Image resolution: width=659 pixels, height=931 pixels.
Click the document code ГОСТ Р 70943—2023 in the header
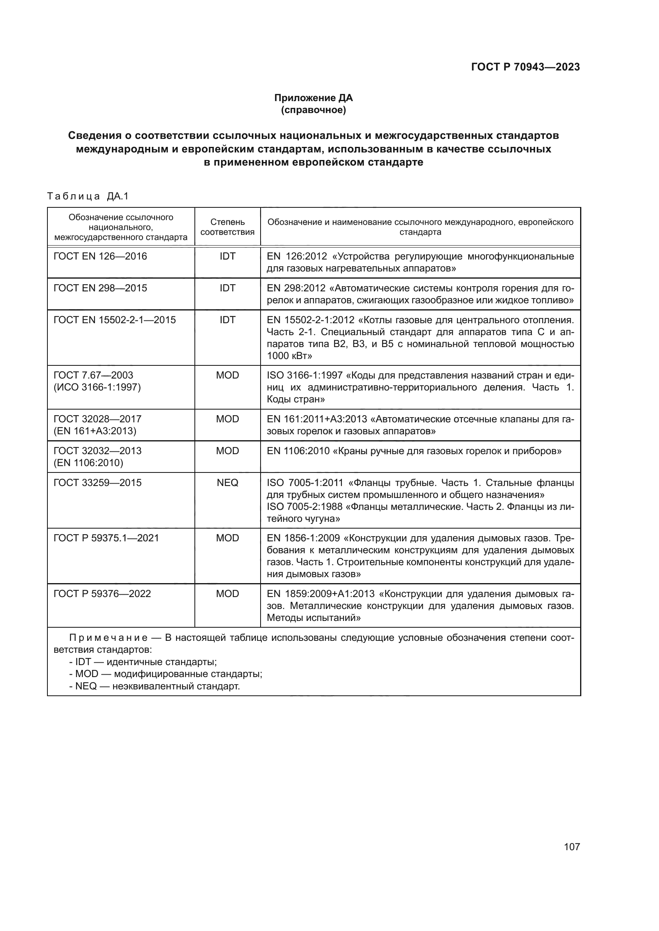click(525, 67)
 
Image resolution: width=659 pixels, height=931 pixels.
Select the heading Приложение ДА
click(313, 98)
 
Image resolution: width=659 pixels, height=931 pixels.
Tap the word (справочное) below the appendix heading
click(313, 110)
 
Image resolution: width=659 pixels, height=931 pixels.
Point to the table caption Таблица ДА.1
click(88, 197)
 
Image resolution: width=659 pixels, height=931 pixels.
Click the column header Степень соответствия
click(227, 227)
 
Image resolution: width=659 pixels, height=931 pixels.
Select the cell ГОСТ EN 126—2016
click(100, 256)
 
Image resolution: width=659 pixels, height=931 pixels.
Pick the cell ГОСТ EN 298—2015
click(100, 288)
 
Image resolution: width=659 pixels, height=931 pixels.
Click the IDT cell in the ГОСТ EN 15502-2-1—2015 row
click(227, 320)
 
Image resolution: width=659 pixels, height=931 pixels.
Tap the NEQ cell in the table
click(227, 483)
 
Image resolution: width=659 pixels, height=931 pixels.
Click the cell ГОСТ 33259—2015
click(97, 483)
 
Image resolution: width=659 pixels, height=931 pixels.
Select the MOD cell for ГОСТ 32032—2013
click(227, 451)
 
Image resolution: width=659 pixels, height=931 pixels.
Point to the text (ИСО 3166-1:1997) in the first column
click(97, 387)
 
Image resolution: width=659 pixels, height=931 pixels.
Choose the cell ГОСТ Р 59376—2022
click(102, 594)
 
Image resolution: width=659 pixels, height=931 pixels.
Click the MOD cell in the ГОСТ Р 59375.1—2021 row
click(227, 538)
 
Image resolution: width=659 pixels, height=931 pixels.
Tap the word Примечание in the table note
click(108, 638)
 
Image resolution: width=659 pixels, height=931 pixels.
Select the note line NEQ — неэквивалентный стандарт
click(154, 687)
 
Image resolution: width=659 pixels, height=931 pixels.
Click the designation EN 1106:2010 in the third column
click(298, 451)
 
